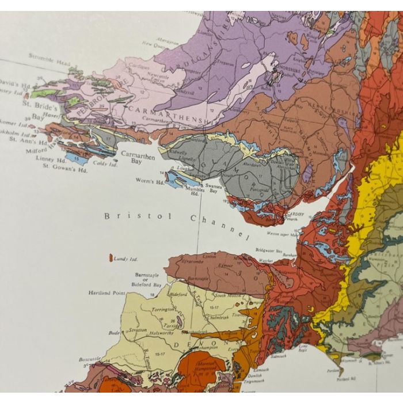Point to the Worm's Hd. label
[151, 182]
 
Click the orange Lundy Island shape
[110, 256]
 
